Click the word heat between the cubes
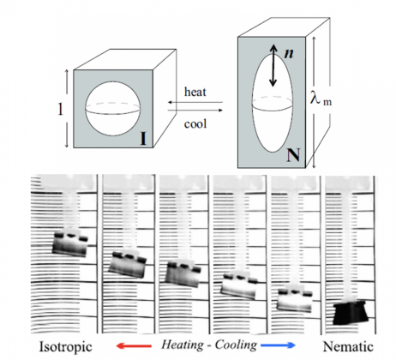pos(195,92)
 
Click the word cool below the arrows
pos(195,124)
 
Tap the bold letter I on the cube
pos(143,139)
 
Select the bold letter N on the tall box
pos(293,155)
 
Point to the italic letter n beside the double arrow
pos(289,53)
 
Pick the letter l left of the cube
pos(60,109)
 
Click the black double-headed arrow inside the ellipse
pos(273,65)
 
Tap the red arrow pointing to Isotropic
pos(134,345)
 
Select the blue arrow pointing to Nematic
pos(278,345)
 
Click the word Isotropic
pos(65,346)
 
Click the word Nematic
pos(348,346)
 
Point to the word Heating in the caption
pos(183,345)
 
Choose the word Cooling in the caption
pos(236,345)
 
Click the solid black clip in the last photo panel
pos(350,312)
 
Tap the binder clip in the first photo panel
pos(70,243)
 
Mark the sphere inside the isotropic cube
pos(113,109)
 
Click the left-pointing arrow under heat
pos(195,102)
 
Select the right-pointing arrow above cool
pos(195,110)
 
